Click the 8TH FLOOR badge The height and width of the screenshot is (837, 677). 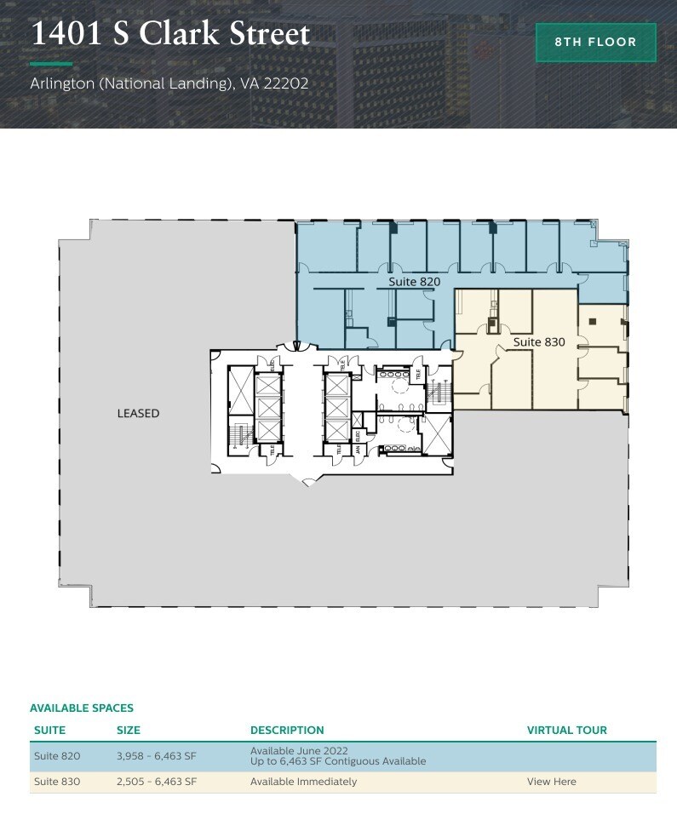pos(596,43)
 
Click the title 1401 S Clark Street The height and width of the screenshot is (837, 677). pos(170,34)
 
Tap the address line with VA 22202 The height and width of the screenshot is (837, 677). pos(169,84)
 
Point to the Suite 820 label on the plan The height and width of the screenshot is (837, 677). pos(414,281)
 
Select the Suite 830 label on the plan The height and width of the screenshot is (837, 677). pos(538,341)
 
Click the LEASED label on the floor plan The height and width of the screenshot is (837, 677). pos(138,414)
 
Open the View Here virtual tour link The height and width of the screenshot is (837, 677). pos(551,782)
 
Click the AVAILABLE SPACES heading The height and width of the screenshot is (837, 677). pos(82,708)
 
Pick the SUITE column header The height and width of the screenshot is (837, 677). pos(49,731)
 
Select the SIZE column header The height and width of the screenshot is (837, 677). pos(129,731)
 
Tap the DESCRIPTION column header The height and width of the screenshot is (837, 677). pos(287,731)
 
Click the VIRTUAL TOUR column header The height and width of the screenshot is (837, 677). pos(567,731)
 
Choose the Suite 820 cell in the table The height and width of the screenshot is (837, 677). pos(57,756)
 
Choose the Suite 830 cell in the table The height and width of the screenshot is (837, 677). pos(57,782)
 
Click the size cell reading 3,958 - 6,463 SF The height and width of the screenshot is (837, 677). pos(157,756)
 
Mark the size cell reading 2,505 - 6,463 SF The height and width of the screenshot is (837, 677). pos(157,782)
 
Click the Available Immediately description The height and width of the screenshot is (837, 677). pos(303,782)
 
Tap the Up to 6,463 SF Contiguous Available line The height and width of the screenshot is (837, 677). pos(338,761)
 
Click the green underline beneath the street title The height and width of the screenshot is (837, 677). pos(51,64)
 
